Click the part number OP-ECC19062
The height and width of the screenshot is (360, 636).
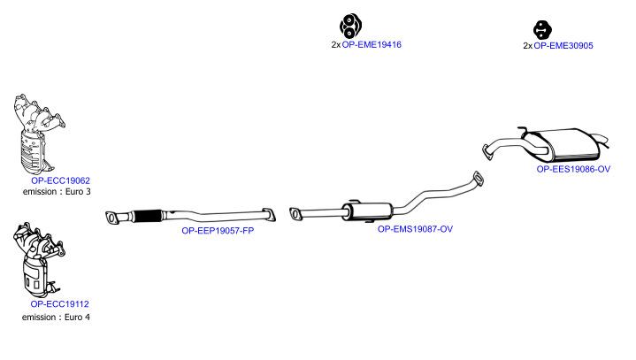(x=60, y=180)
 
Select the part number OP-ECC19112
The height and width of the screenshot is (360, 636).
(x=59, y=303)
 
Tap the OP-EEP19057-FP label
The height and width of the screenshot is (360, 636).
(x=218, y=231)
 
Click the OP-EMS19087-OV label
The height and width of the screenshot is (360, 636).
(x=415, y=229)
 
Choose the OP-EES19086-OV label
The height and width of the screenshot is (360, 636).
(x=573, y=169)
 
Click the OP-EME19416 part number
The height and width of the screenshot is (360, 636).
(x=372, y=44)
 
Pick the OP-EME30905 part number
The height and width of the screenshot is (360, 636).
(x=563, y=45)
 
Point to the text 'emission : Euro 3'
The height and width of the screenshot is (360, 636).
(x=57, y=192)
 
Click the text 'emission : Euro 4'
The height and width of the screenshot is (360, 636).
(x=56, y=317)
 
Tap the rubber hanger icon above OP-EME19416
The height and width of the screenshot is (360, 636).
(x=350, y=26)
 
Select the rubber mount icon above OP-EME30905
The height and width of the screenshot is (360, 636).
(x=542, y=30)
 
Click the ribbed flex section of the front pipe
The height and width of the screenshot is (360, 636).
(x=147, y=216)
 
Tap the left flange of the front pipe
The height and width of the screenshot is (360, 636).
(x=111, y=218)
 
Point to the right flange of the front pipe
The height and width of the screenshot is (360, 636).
(x=269, y=214)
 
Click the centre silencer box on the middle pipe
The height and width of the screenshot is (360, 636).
(x=367, y=211)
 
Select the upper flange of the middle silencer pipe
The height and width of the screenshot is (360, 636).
(x=479, y=179)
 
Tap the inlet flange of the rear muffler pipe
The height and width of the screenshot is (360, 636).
(x=487, y=152)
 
